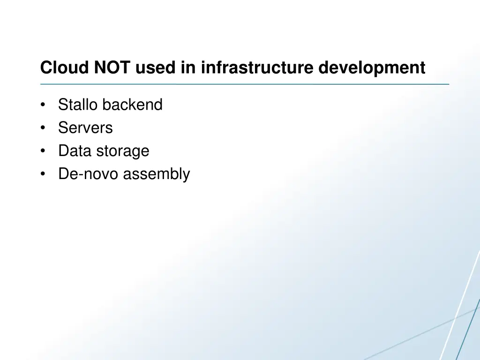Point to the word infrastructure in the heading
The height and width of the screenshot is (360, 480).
[x=257, y=68]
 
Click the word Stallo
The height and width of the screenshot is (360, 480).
[x=77, y=105]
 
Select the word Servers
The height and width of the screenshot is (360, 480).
[x=85, y=127]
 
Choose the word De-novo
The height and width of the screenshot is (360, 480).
[x=89, y=174]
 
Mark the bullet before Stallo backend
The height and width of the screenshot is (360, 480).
[x=43, y=105]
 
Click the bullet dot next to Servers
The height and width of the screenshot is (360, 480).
[x=43, y=128]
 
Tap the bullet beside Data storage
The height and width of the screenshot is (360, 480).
[x=43, y=151]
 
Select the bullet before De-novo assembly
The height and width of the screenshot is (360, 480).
[x=43, y=174]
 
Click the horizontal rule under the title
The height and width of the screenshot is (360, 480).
[x=244, y=84]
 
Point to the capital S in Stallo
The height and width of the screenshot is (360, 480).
[x=62, y=105]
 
